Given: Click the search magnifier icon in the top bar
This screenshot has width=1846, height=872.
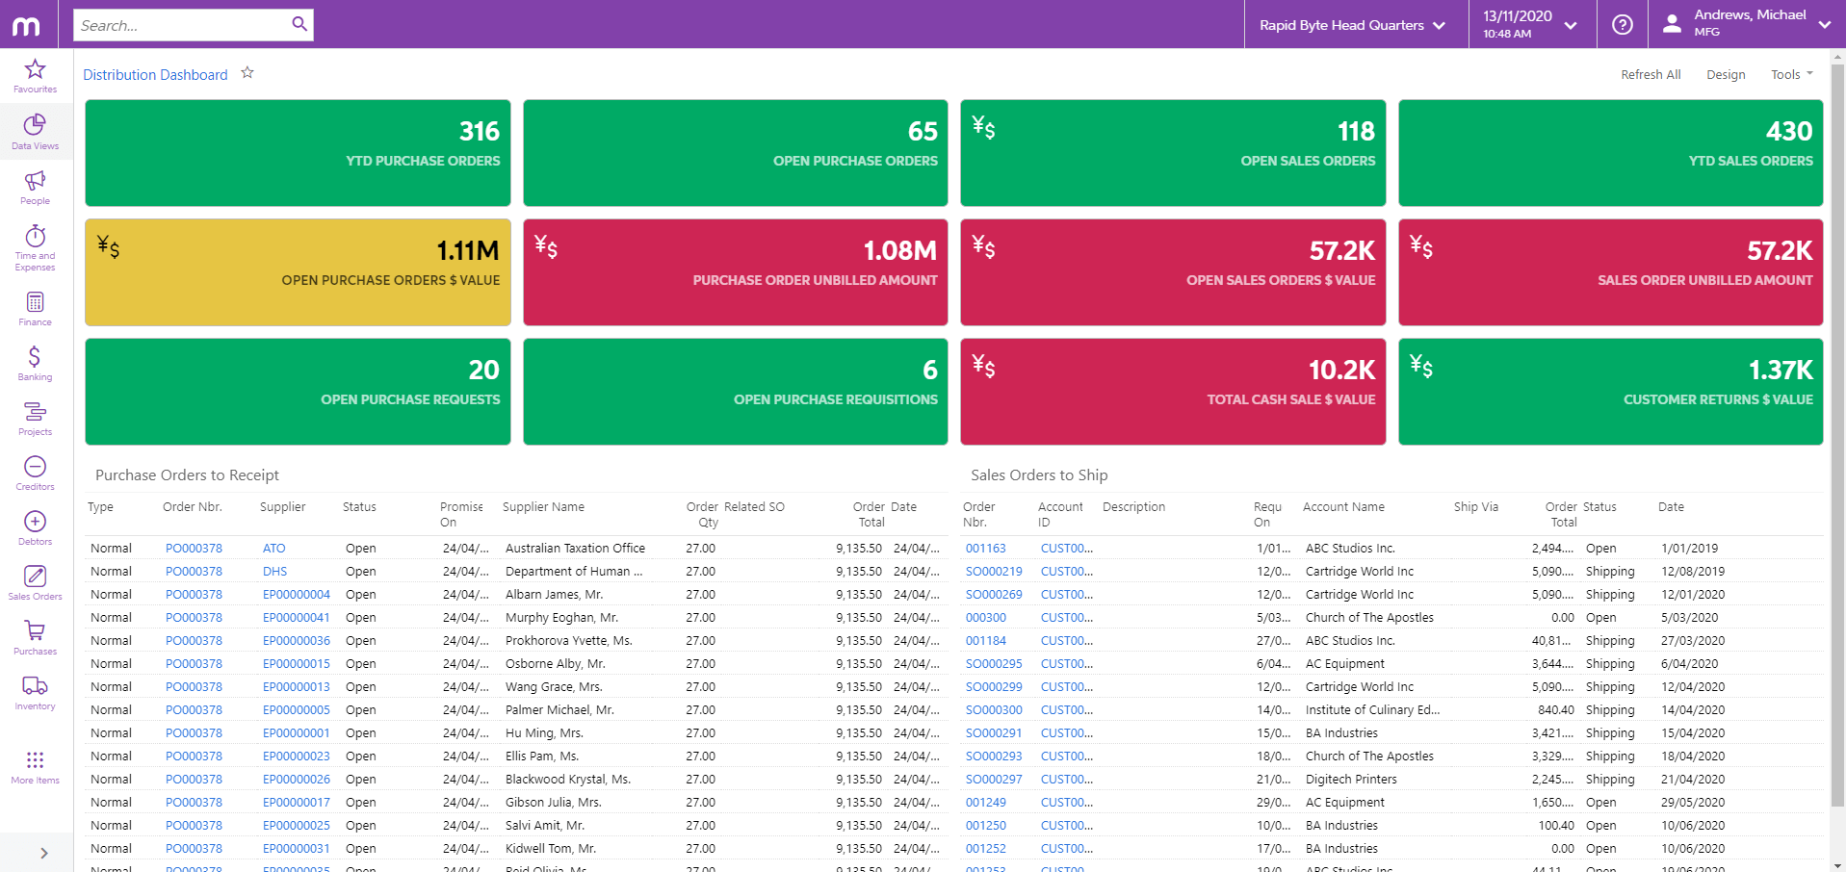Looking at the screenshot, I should coord(299,24).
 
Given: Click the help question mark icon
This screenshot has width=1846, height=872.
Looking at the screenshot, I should coord(1623,25).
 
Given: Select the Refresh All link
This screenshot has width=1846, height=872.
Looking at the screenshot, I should coord(1650,75).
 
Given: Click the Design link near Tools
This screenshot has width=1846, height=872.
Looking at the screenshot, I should coord(1725,75).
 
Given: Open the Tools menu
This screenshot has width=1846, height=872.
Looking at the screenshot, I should coord(1790,75).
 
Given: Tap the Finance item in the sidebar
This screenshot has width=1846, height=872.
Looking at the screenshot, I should coord(35,309).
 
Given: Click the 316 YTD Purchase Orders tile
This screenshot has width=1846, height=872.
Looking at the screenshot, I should coord(298,153).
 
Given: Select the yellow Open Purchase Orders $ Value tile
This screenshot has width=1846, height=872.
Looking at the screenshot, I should coord(298,272).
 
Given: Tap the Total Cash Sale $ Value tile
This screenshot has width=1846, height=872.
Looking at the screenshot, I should coord(1172,392).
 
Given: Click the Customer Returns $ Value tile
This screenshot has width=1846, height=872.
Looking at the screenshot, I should coord(1610,392).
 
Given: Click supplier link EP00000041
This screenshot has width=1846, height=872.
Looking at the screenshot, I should coord(296,618).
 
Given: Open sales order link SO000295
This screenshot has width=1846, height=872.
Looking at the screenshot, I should coord(994,664).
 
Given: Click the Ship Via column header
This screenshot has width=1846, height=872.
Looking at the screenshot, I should coord(1475,507).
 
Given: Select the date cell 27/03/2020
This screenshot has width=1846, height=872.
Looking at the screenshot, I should coord(1692,641).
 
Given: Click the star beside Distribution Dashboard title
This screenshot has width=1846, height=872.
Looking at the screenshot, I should coord(247,73).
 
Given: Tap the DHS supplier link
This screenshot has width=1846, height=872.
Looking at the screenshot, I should coord(274,572).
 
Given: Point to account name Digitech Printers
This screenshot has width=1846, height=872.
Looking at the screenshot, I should coord(1350,780).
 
